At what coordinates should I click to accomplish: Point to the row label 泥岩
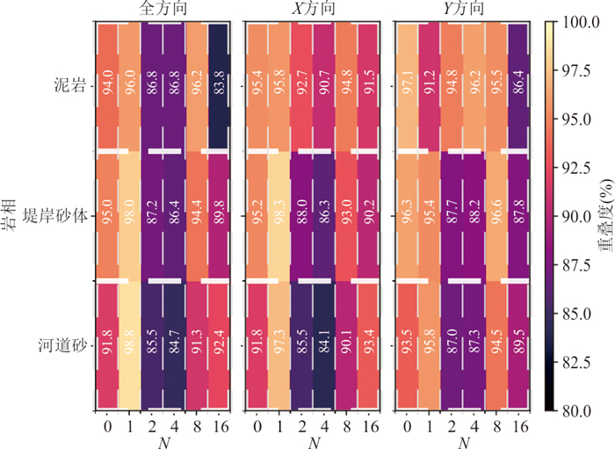(68, 87)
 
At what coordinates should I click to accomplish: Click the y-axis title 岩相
(11, 215)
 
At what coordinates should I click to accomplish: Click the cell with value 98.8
(128, 344)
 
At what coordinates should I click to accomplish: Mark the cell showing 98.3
(279, 215)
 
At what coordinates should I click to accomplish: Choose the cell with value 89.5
(519, 344)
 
